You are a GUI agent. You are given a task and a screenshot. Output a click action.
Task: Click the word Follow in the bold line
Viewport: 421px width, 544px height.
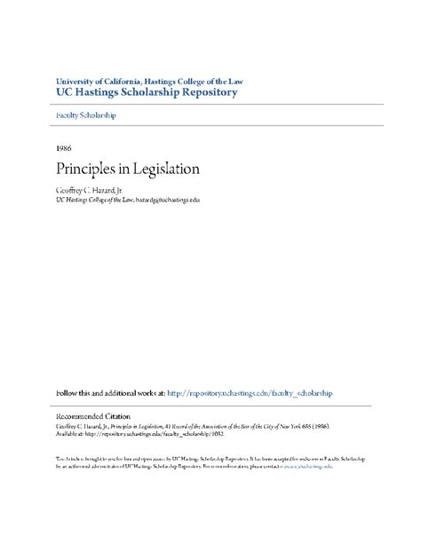point(69,392)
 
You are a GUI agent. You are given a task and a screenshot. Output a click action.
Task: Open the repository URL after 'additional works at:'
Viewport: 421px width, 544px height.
point(249,392)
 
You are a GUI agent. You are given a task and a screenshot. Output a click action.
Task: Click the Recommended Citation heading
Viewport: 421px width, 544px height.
point(92,416)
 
